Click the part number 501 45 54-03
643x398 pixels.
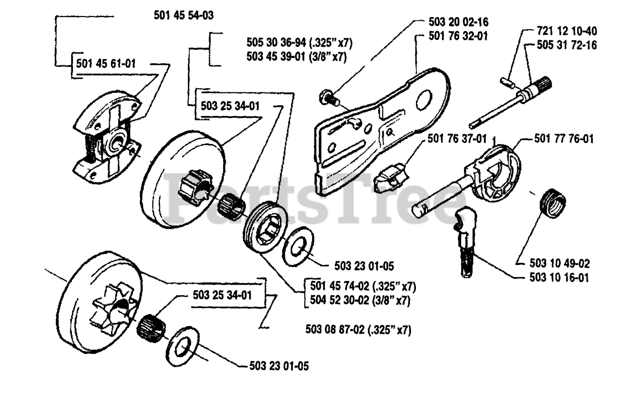pyautogui.click(x=184, y=15)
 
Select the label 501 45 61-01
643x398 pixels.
pyautogui.click(x=105, y=63)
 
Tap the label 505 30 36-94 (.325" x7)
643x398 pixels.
pyautogui.click(x=299, y=43)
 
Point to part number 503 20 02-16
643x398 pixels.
pyautogui.click(x=459, y=22)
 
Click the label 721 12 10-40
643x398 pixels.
pyautogui.click(x=567, y=31)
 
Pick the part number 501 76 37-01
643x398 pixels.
pyautogui.click(x=457, y=139)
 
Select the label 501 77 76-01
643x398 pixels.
pyautogui.click(x=564, y=139)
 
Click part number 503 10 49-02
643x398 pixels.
pyautogui.click(x=560, y=263)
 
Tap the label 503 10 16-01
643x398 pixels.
pyautogui.click(x=559, y=277)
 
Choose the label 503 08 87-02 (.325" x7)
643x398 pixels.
pyautogui.click(x=358, y=329)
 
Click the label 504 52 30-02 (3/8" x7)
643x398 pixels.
pyautogui.click(x=360, y=300)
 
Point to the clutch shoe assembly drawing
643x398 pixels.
pyautogui.click(x=106, y=137)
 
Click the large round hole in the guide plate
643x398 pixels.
pyautogui.click(x=424, y=100)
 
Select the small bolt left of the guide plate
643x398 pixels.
pyautogui.click(x=329, y=98)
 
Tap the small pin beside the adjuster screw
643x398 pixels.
pyautogui.click(x=507, y=82)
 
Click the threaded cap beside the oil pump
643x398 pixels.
pyautogui.click(x=553, y=203)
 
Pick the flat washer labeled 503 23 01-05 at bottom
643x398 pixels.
pyautogui.click(x=182, y=346)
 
